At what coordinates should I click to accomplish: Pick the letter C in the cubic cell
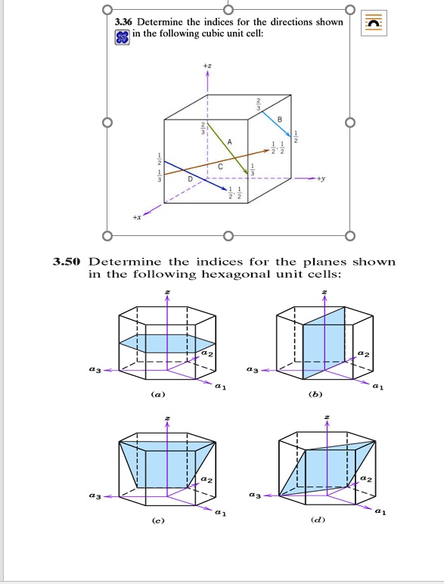[219, 166]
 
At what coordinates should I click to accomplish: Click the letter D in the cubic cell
[190, 179]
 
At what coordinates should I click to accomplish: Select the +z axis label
[207, 66]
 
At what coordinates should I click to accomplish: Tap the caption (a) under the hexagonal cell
[157, 394]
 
